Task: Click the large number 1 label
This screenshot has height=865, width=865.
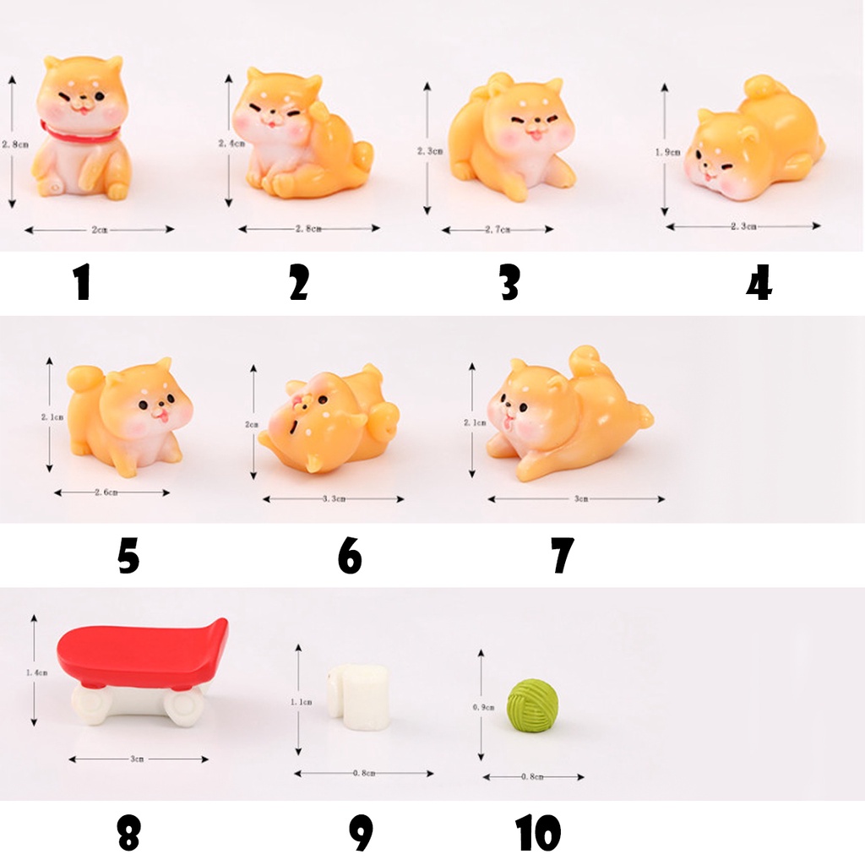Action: click(82, 283)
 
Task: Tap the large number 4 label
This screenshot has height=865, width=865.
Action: click(759, 283)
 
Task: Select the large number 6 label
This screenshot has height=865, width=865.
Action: click(349, 556)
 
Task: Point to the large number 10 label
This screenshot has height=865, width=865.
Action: click(538, 833)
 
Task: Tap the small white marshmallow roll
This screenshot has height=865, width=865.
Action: click(359, 697)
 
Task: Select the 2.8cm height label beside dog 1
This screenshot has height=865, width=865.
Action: click(14, 144)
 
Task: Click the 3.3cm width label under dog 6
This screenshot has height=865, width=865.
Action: click(335, 499)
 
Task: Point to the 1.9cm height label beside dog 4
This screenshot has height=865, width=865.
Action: click(667, 153)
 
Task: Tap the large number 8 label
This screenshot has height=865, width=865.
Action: click(128, 833)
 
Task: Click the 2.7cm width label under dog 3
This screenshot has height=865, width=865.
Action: click(498, 230)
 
